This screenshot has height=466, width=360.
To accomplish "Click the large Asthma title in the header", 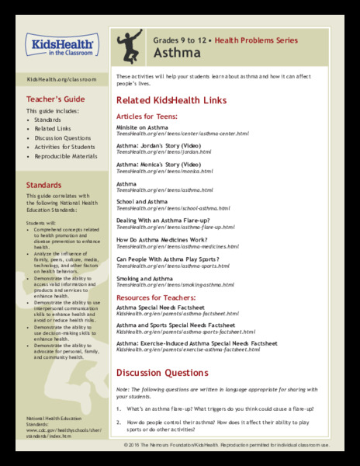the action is [x=173, y=52].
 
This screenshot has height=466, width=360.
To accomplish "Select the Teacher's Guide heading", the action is [x=56, y=99].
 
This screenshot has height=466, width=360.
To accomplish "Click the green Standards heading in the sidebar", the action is [x=45, y=186].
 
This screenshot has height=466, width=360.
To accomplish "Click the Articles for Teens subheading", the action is [x=147, y=116].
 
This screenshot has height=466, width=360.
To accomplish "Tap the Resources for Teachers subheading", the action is [x=157, y=297].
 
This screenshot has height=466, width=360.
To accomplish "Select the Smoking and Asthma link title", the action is [x=144, y=278].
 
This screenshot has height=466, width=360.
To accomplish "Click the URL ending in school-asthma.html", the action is [x=173, y=209].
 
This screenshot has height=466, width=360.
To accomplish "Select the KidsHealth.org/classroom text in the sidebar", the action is [x=61, y=79].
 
